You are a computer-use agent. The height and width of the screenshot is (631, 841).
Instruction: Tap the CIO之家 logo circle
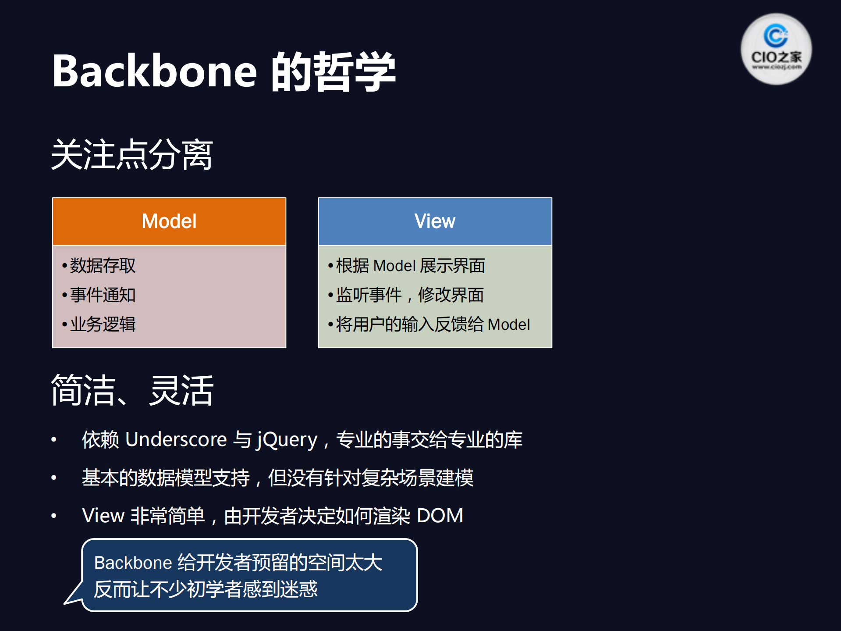(776, 49)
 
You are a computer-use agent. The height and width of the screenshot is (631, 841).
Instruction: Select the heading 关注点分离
(132, 154)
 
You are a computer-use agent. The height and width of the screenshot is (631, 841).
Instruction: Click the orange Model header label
(169, 221)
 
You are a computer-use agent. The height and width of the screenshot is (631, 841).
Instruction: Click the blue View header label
(435, 221)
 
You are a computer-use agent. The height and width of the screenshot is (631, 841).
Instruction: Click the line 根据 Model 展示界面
(410, 266)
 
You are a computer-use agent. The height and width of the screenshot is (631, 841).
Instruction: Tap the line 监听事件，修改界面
(409, 295)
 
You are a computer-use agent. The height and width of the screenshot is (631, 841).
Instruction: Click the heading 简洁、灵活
(132, 390)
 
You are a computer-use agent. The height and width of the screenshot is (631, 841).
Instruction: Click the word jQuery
(287, 439)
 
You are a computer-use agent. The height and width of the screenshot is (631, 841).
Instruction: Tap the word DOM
(440, 516)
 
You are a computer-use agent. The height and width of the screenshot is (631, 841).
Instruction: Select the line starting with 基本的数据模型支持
(277, 478)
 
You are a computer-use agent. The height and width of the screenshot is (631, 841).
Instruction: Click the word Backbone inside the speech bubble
(133, 563)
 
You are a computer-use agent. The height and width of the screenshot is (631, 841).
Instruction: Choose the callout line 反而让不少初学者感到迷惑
(206, 589)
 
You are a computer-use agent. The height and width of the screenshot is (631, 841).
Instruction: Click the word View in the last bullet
(103, 516)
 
